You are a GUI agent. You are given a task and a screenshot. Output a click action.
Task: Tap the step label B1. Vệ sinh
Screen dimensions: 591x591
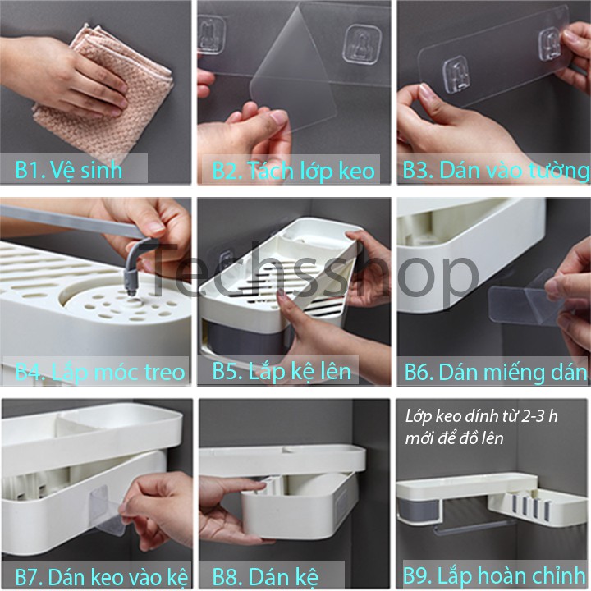[x=69, y=170]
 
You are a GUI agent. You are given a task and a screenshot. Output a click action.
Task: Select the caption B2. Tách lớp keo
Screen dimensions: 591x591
[x=293, y=171]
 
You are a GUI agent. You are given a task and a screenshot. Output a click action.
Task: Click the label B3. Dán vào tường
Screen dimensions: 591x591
[x=495, y=171]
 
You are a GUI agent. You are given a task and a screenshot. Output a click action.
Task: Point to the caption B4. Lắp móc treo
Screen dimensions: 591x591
[x=100, y=373]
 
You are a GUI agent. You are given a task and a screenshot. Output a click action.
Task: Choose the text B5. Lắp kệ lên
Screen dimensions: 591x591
[x=282, y=372]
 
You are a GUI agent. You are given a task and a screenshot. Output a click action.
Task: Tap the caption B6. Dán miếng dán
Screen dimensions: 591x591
[x=496, y=373]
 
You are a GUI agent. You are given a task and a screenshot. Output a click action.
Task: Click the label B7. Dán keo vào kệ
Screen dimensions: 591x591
[x=102, y=577]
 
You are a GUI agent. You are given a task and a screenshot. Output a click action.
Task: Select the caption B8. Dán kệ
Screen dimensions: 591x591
[x=265, y=577]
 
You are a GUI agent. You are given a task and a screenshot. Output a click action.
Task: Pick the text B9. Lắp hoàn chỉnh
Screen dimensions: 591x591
[x=494, y=576]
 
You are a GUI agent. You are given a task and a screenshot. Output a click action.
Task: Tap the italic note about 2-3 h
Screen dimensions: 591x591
[x=481, y=428]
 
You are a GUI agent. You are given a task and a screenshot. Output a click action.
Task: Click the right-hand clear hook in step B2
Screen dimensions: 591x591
[x=362, y=44]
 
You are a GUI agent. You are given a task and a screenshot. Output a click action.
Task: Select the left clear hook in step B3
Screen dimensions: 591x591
[x=457, y=75]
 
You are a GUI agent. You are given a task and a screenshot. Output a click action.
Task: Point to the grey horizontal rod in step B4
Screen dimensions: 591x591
[x=71, y=222]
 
